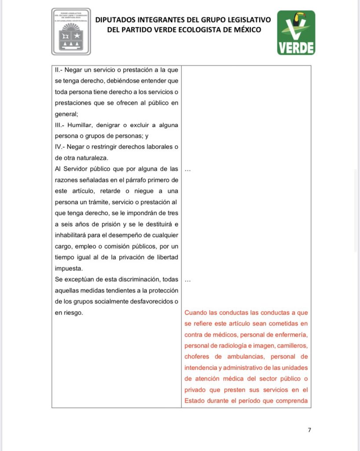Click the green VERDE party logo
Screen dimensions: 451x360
(x=296, y=33)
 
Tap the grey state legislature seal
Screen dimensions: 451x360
(x=71, y=32)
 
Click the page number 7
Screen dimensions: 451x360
(x=309, y=430)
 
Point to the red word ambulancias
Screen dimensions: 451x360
(x=245, y=356)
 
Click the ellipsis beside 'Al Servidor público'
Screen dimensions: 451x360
(x=188, y=170)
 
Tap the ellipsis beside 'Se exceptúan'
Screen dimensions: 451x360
(x=188, y=280)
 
